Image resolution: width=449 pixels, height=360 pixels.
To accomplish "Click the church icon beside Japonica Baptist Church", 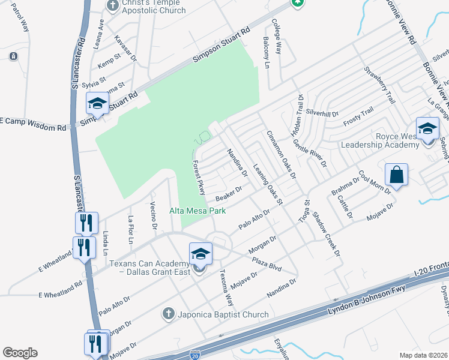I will [169, 313].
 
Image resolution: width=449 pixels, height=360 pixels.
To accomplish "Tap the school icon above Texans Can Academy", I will [200, 254].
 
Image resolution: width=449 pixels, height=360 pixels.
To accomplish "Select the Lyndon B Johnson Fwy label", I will [366, 299].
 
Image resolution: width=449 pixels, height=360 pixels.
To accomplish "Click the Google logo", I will [20, 353].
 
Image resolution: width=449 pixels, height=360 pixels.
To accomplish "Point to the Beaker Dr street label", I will [228, 193].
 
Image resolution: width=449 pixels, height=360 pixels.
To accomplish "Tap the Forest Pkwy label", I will [199, 178].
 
